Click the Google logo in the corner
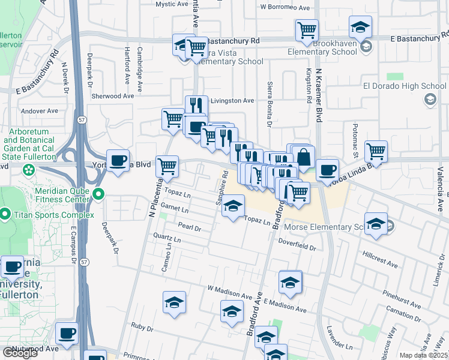(19, 352)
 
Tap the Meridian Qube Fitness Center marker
(100, 194)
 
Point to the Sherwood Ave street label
(112, 96)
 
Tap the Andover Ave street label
(39, 111)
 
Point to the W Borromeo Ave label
(285, 8)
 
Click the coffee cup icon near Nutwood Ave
(67, 334)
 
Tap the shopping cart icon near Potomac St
(376, 151)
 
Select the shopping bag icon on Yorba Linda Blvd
(304, 157)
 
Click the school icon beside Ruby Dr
(174, 302)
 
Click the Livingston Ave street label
(232, 101)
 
